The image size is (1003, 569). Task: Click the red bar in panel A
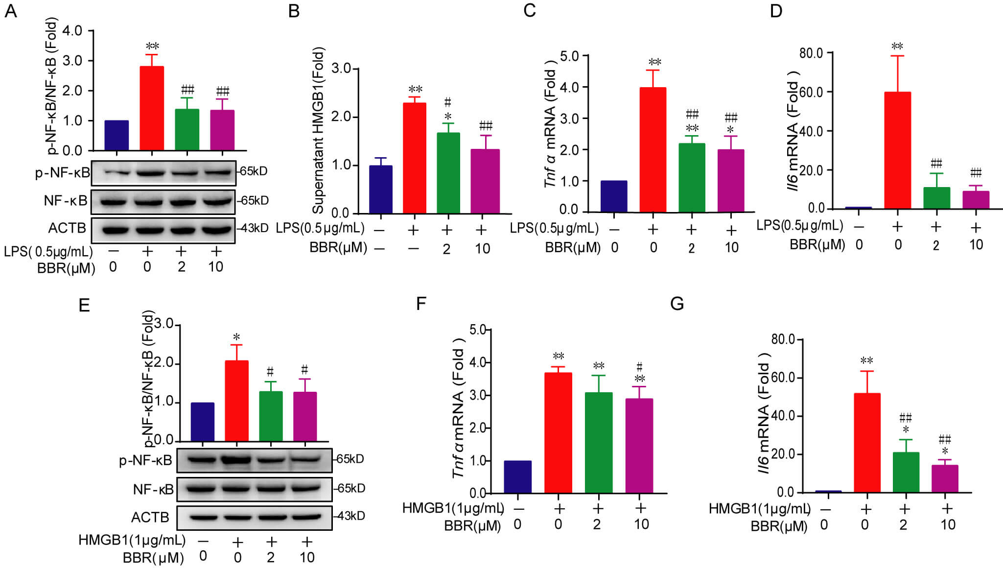pos(152,108)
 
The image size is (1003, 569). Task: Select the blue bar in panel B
pos(381,190)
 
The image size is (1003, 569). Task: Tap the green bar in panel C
pos(692,178)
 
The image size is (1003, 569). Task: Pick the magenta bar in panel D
pos(976,200)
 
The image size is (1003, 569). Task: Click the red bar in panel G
pos(867,443)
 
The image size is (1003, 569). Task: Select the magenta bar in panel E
pos(305,416)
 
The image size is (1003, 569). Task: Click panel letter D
pos(776,11)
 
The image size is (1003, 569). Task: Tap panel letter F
pos(421,304)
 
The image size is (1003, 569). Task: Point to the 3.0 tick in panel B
pos(341,68)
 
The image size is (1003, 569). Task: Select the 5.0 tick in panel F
pos(477,330)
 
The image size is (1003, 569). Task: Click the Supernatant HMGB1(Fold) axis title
pos(318,131)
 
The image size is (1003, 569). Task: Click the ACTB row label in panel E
pos(150,517)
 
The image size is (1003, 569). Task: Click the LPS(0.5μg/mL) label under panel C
pos(554,228)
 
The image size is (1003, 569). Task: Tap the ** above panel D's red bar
pos(897,47)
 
